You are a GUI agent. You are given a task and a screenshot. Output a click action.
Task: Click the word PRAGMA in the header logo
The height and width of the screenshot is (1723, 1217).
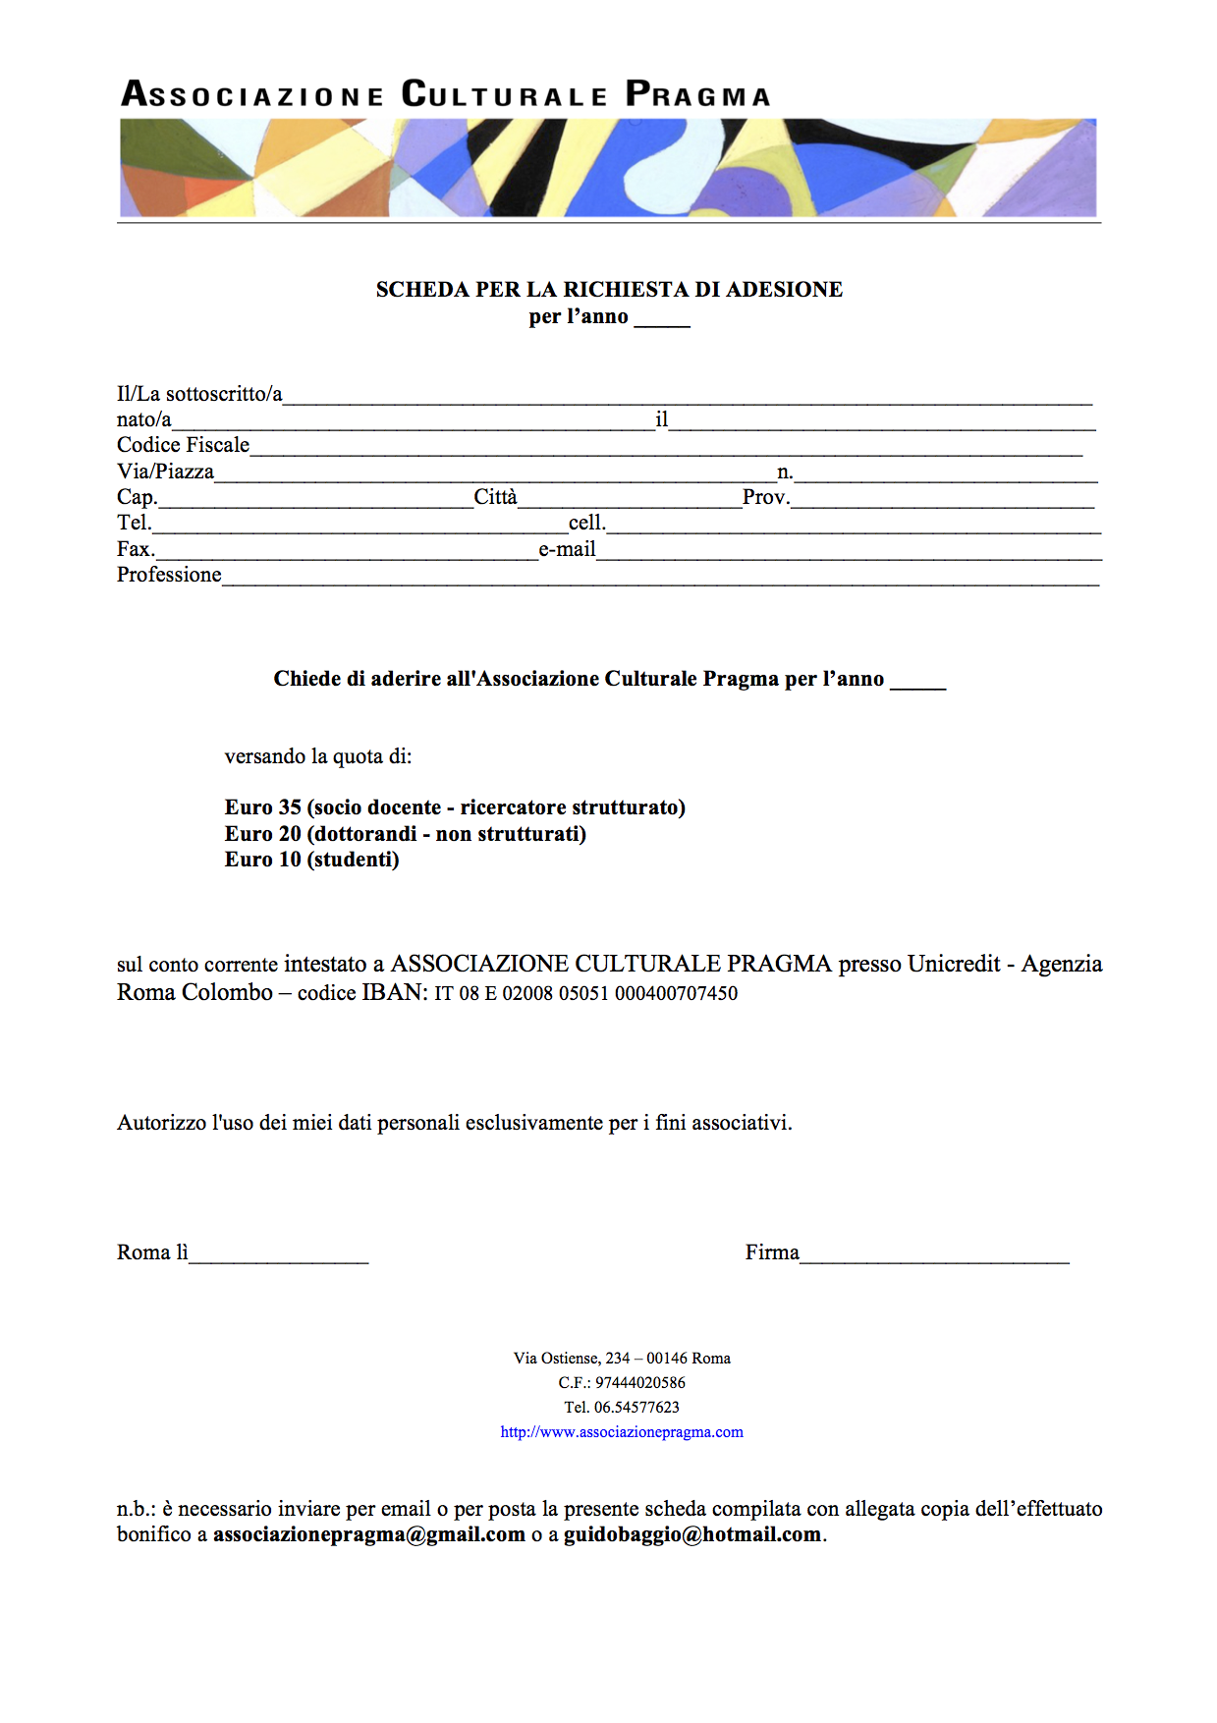[x=697, y=94]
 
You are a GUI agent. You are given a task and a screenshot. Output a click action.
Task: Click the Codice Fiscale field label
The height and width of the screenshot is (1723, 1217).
[x=183, y=445]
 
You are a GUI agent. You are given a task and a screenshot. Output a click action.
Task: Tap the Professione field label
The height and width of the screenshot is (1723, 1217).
[x=169, y=575]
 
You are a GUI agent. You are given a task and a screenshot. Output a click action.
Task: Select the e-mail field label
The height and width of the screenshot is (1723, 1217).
[x=567, y=549]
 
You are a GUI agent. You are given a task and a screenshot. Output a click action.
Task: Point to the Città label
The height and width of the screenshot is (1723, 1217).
[x=495, y=497]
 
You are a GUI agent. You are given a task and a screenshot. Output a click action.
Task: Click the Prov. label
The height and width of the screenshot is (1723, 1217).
[x=766, y=497]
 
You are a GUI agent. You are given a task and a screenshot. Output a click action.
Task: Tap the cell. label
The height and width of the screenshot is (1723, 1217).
[x=586, y=523]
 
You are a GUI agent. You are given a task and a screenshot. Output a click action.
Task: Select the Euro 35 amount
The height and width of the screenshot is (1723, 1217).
[x=262, y=807]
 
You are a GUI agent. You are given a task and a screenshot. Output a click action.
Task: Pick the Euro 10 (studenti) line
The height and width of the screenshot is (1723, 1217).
[x=311, y=860]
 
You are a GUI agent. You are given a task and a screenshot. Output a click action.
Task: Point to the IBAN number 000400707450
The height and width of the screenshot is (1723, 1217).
[x=676, y=993]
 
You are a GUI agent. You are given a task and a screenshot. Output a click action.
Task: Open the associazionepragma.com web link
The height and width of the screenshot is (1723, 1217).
[x=622, y=1432]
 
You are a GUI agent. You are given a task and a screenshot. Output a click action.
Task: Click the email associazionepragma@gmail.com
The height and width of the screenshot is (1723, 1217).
[x=369, y=1535]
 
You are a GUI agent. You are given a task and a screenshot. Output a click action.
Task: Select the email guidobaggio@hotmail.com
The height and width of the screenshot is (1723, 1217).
[x=692, y=1535]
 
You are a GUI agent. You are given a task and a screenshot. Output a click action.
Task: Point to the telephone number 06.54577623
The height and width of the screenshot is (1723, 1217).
[x=636, y=1408]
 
